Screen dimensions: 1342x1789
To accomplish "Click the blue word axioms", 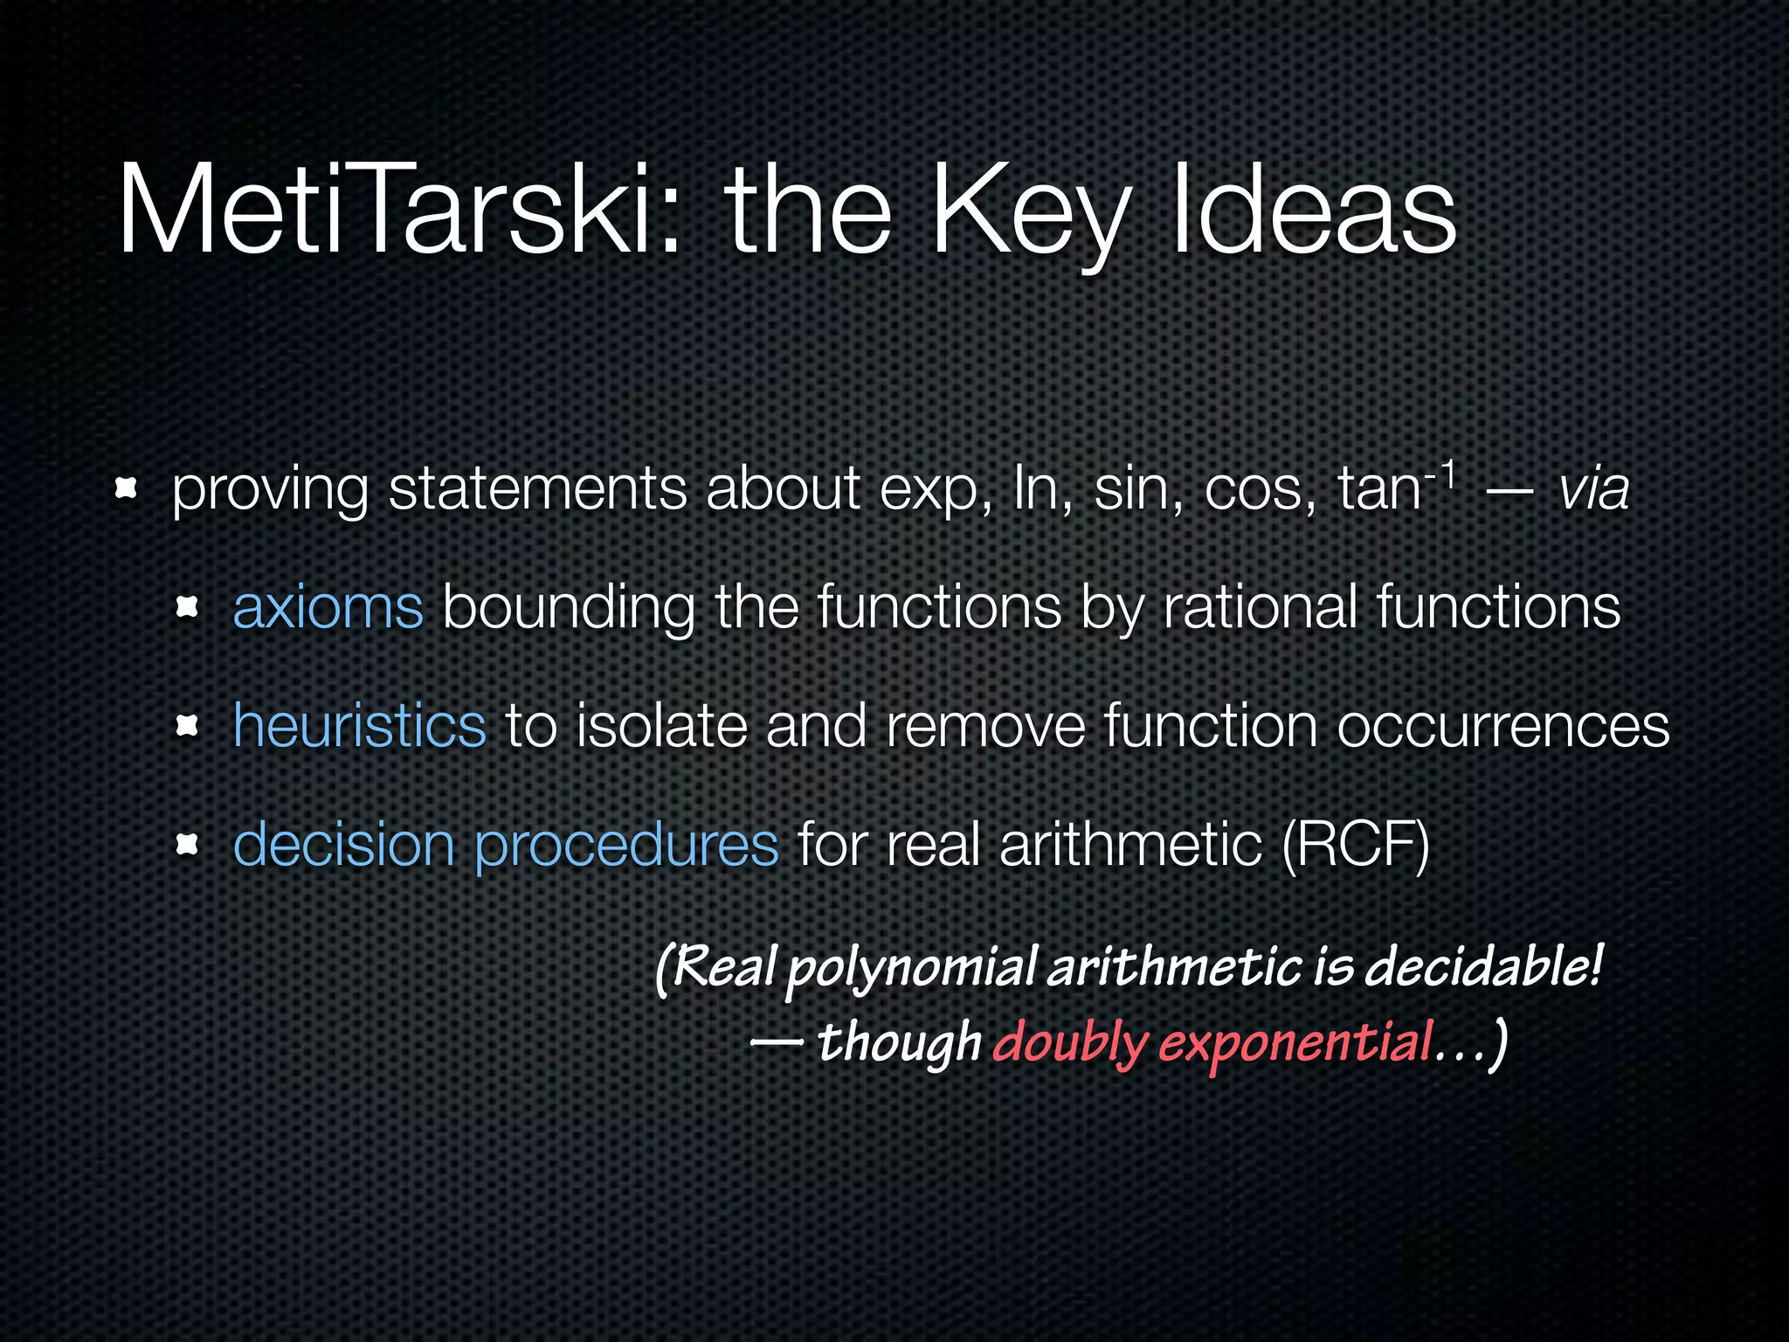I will pos(328,606).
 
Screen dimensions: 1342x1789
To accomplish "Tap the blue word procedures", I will pos(626,846).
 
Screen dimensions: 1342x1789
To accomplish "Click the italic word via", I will pos(1594,489).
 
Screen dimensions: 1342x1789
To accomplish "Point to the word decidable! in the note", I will pos(1483,967).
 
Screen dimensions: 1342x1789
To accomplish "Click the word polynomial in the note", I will pos(911,970).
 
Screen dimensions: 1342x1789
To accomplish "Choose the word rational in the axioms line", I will pos(1260,606).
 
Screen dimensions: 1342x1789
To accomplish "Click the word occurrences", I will pos(1502,725).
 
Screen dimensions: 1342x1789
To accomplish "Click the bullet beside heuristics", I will pos(187,725).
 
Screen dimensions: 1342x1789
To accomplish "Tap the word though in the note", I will pos(899,1043).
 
